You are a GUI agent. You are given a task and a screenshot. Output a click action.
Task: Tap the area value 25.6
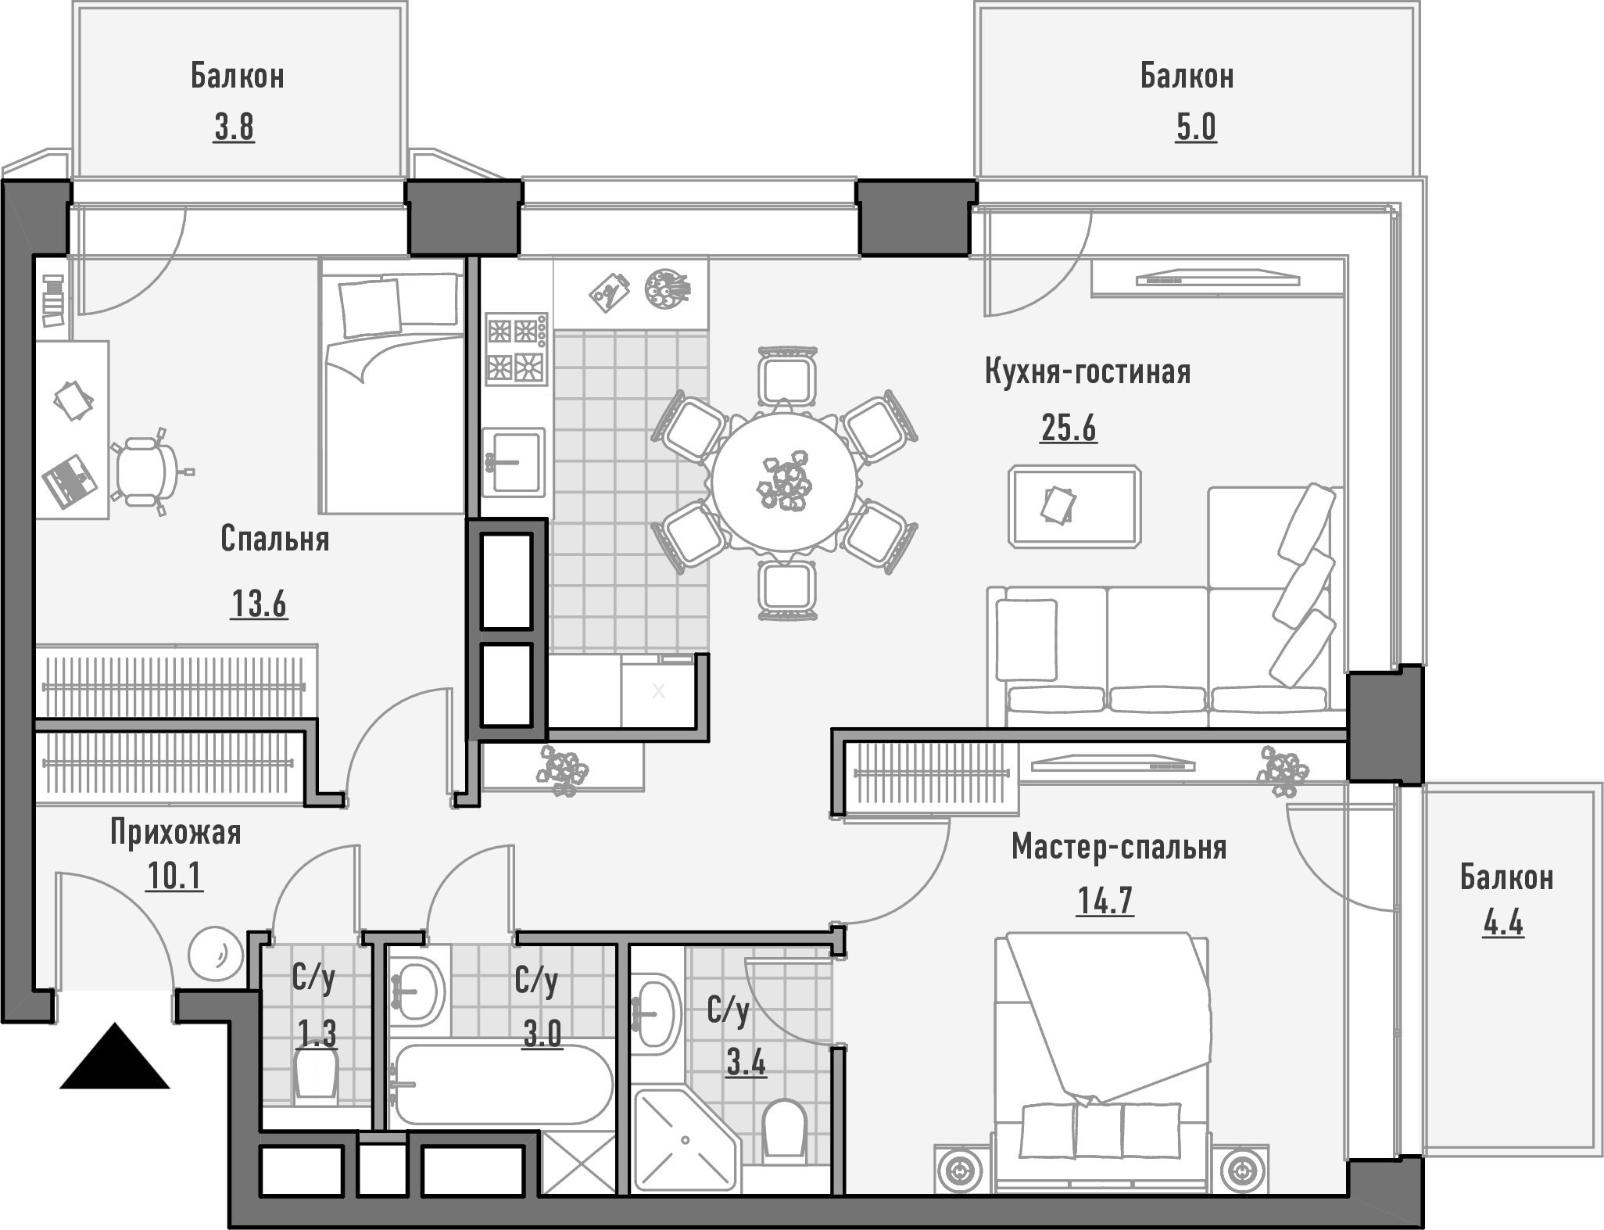click(x=1069, y=429)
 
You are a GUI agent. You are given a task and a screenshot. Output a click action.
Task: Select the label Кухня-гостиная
click(x=1087, y=371)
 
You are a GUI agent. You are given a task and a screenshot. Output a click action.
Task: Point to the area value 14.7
click(x=1105, y=901)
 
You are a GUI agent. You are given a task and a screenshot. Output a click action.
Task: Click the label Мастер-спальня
click(x=1119, y=847)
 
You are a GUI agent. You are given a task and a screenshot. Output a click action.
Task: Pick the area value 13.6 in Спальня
click(x=259, y=604)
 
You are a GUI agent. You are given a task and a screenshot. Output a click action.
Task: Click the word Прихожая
click(x=175, y=833)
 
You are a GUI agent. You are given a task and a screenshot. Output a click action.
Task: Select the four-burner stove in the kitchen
click(x=516, y=350)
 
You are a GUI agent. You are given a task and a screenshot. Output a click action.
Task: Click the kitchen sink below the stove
click(x=514, y=462)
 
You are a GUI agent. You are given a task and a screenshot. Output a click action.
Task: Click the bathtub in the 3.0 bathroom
click(x=501, y=1085)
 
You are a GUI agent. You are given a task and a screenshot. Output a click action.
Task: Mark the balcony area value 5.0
click(x=1196, y=127)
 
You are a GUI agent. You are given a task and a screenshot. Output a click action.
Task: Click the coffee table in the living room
click(x=1074, y=506)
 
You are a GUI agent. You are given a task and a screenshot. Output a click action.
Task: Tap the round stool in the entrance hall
click(x=213, y=953)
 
